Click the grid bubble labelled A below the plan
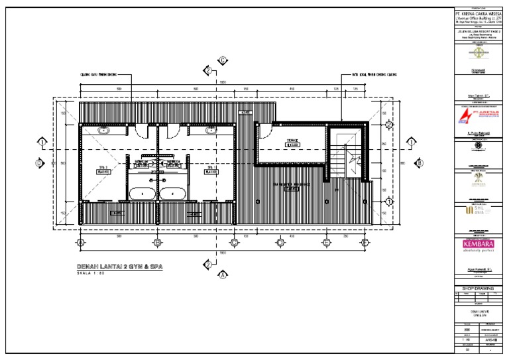pyautogui.click(x=80, y=243)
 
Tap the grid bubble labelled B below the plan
pyautogui.click(x=157, y=243)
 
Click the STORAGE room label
pyautogui.click(x=293, y=143)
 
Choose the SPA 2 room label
pyautogui.click(x=103, y=168)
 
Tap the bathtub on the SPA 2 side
pyautogui.click(x=142, y=194)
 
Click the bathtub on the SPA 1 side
pyautogui.click(x=174, y=194)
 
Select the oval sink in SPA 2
pyautogui.click(x=105, y=131)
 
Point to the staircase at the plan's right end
pyautogui.click(x=349, y=159)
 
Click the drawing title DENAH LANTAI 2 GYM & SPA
pyautogui.click(x=119, y=267)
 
